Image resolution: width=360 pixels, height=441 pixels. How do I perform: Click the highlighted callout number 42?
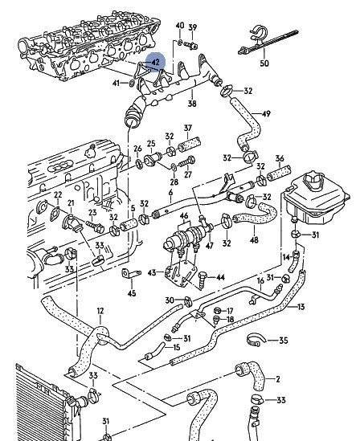coord(156,62)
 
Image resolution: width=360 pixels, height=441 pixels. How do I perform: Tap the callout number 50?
coord(264,63)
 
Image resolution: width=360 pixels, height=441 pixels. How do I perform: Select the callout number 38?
coord(192,104)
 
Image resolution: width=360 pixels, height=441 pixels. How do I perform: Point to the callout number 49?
coord(266,113)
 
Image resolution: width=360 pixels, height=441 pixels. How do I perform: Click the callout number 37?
coord(188,128)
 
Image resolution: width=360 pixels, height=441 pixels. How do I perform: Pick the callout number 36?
coord(280,158)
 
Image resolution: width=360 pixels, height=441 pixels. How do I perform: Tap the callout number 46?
coord(184,216)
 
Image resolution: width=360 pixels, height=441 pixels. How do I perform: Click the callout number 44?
coord(220,278)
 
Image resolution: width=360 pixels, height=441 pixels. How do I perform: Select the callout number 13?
coord(301,306)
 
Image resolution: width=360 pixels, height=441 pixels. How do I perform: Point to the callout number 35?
coord(284,341)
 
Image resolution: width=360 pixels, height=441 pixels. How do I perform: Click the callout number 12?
coord(100,311)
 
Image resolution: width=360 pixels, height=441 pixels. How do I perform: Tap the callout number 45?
coord(132,293)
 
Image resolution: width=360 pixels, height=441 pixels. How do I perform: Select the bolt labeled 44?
coord(202,280)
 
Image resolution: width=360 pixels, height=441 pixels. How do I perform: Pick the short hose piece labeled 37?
coord(190,144)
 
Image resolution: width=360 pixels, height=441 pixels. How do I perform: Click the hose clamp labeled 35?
coord(256,341)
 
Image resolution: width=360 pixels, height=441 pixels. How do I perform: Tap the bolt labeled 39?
coord(191,45)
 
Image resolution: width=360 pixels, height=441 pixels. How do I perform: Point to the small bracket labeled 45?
coord(130,274)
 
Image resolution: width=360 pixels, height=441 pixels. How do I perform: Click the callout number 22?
coord(58,194)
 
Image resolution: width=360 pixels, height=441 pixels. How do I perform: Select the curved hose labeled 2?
coord(251,375)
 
